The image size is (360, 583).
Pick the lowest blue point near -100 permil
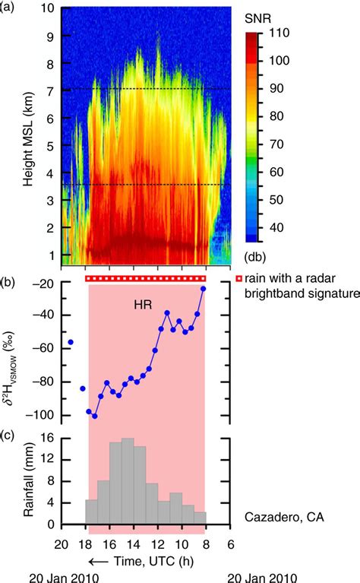(x=94, y=416)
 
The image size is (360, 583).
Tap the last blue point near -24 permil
(x=204, y=289)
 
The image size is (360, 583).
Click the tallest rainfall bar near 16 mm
(x=127, y=439)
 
